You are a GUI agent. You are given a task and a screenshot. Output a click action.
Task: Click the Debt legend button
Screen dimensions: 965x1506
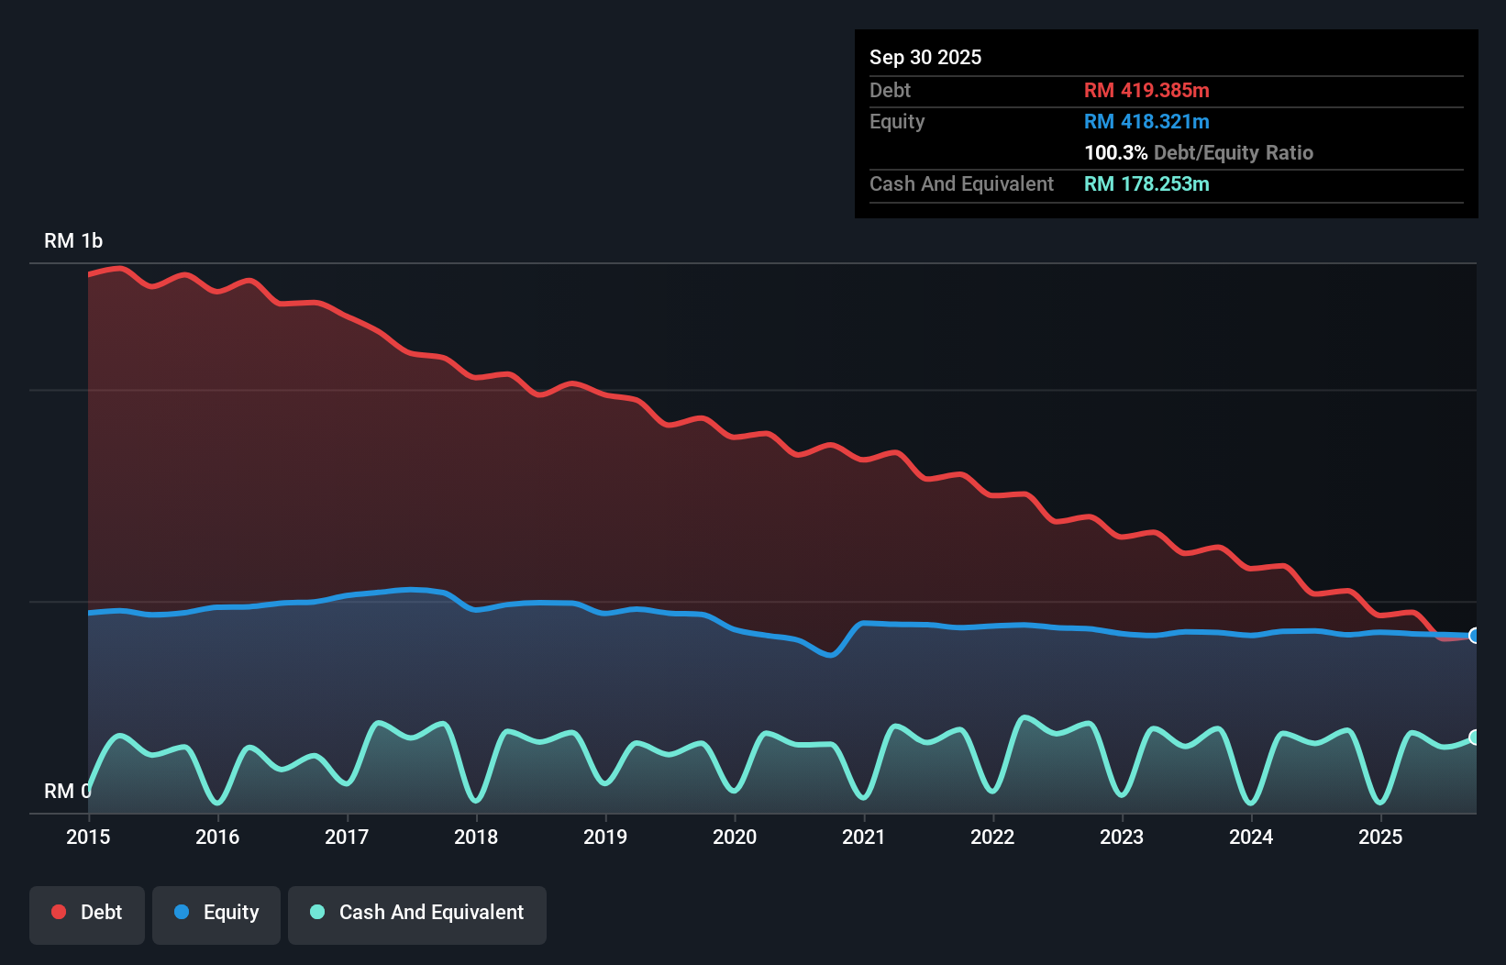87,914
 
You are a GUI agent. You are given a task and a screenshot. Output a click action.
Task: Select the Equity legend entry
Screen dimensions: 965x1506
216,914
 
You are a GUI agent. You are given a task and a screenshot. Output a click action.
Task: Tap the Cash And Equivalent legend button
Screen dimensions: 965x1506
417,914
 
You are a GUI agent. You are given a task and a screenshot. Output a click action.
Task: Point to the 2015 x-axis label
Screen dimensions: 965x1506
88,837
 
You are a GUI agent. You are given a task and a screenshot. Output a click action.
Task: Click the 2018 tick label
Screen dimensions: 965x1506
476,837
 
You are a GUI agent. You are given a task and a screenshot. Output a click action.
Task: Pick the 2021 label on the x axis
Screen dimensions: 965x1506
864,837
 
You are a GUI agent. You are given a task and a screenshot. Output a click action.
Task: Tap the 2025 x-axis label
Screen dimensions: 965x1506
1380,837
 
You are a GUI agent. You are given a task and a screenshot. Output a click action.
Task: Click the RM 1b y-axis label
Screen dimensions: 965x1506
73,241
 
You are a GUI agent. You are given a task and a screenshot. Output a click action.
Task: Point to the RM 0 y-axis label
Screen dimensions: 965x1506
67,791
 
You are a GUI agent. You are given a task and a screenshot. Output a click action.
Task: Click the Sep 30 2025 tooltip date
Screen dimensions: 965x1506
925,58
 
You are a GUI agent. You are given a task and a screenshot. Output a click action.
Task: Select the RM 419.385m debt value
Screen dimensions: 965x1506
1146,91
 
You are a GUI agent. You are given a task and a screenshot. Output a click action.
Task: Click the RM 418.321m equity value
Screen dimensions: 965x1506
1146,122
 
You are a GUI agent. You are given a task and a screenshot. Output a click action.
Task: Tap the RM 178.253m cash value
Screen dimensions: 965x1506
1146,184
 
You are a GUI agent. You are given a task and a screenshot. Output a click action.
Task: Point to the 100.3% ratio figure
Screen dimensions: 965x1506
1115,153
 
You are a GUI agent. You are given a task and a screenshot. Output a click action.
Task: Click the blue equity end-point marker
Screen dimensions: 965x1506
1474,636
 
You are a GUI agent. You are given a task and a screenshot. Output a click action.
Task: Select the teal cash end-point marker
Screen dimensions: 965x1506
1474,738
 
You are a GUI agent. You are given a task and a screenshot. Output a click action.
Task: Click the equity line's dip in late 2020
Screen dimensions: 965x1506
830,655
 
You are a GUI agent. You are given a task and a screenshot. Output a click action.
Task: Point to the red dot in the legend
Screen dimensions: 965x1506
59,912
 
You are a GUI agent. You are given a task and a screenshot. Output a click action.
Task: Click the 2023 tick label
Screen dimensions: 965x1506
1122,837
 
